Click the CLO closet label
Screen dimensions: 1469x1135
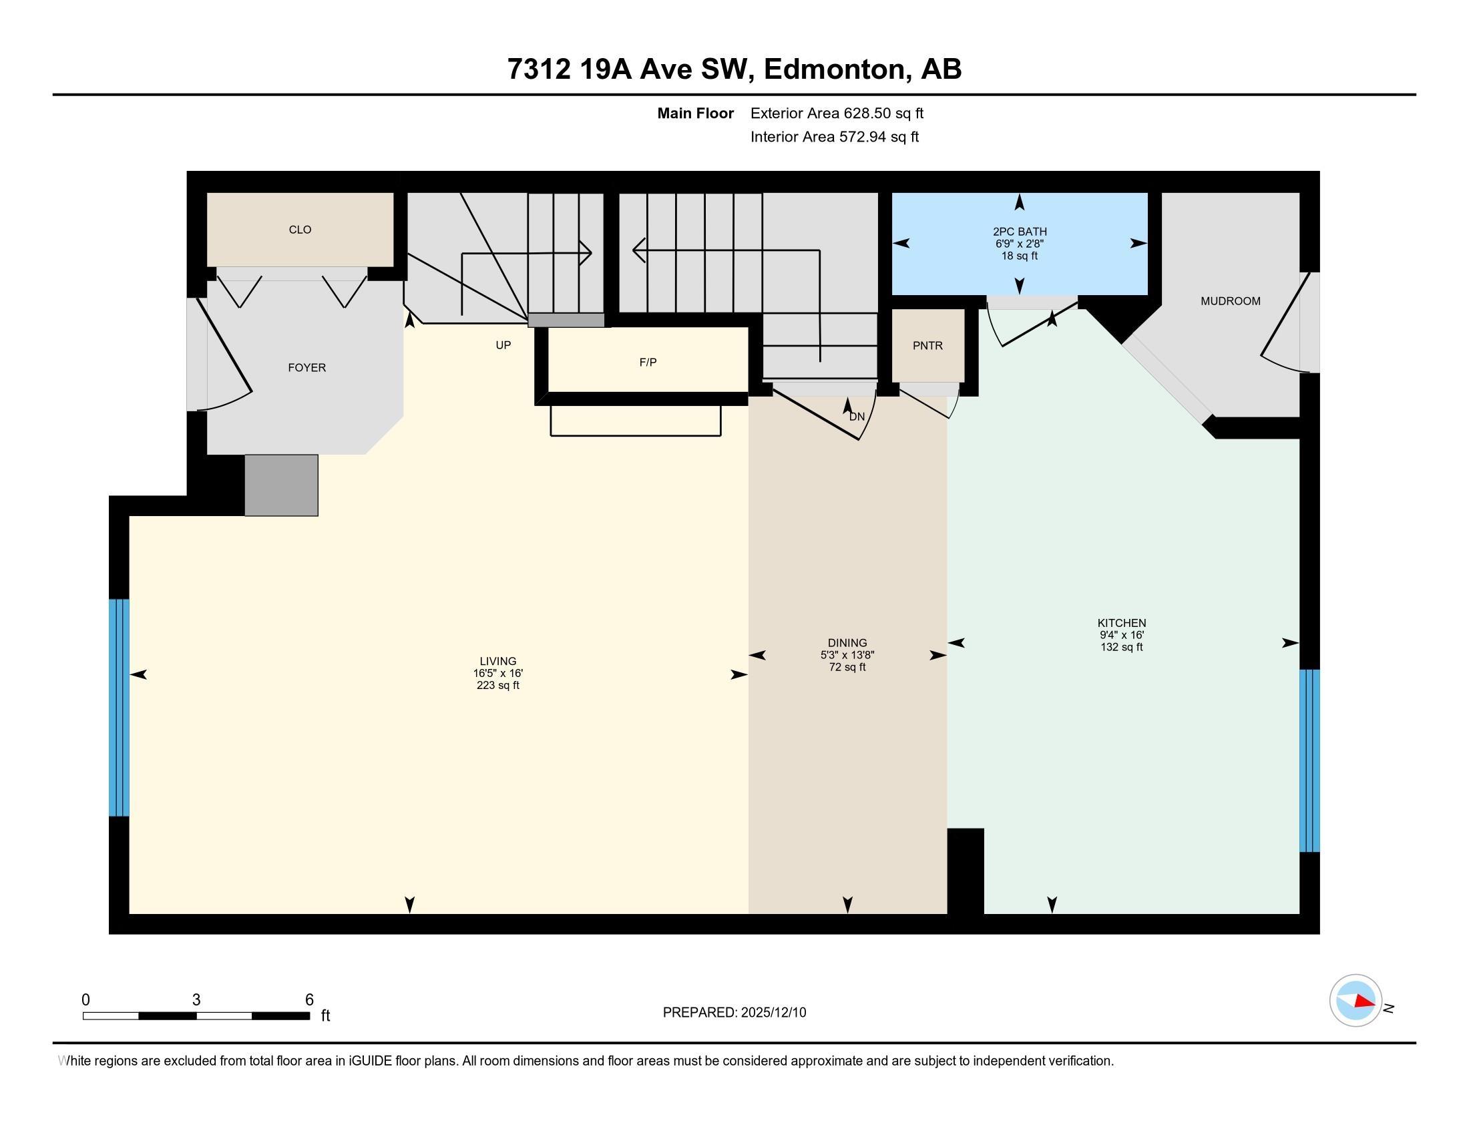click(300, 230)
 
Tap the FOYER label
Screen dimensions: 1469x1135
click(306, 368)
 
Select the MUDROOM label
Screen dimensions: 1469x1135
click(1230, 301)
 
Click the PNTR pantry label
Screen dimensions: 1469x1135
click(927, 346)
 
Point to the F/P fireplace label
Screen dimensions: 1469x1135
click(648, 363)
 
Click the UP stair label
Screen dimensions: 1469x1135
click(503, 345)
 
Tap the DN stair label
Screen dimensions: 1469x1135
click(857, 417)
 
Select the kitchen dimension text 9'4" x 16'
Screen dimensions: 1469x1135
click(1122, 635)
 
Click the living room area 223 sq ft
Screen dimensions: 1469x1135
click(497, 685)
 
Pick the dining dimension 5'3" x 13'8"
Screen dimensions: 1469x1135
click(847, 655)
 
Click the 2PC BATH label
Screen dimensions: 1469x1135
click(1020, 231)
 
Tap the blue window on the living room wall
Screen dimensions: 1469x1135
click(119, 707)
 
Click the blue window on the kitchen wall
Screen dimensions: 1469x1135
click(1309, 760)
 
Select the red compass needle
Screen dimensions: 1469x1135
click(1364, 1001)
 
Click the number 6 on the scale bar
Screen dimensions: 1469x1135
click(309, 1000)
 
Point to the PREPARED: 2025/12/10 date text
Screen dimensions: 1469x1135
click(734, 1013)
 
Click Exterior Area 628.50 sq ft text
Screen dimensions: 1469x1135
click(837, 113)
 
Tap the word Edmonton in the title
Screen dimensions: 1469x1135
click(834, 69)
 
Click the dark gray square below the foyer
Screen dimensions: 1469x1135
click(281, 485)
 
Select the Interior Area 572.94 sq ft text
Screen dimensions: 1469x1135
click(834, 137)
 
